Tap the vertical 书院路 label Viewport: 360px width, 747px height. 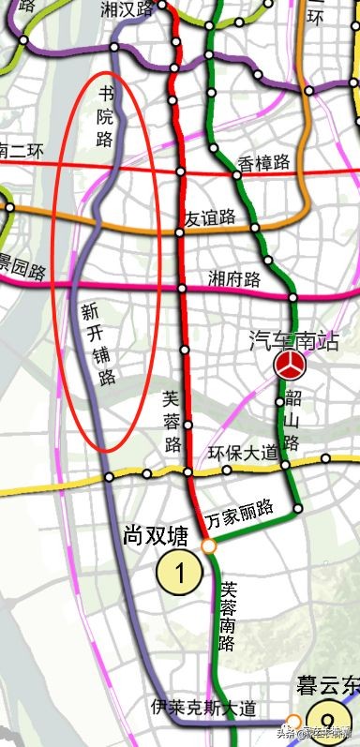(x=106, y=117)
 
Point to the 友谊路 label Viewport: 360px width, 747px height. (x=210, y=218)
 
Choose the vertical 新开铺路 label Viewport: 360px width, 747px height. (x=90, y=344)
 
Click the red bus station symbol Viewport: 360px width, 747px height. (x=289, y=366)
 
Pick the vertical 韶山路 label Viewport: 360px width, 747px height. (x=292, y=417)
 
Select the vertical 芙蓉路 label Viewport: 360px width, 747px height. (x=170, y=423)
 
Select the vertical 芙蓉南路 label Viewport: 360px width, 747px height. (x=227, y=617)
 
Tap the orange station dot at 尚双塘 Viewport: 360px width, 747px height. (x=208, y=545)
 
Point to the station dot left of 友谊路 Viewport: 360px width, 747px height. (x=179, y=232)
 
